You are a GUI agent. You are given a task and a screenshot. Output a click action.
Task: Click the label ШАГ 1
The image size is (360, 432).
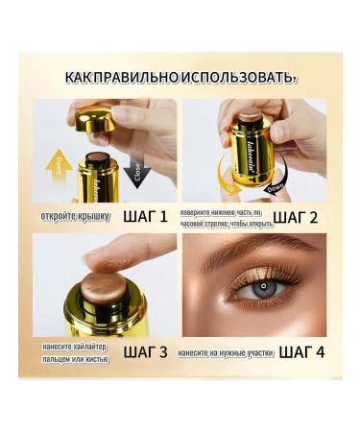coord(151,216)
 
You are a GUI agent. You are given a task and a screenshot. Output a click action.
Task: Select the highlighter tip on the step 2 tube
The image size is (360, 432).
coord(252,117)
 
